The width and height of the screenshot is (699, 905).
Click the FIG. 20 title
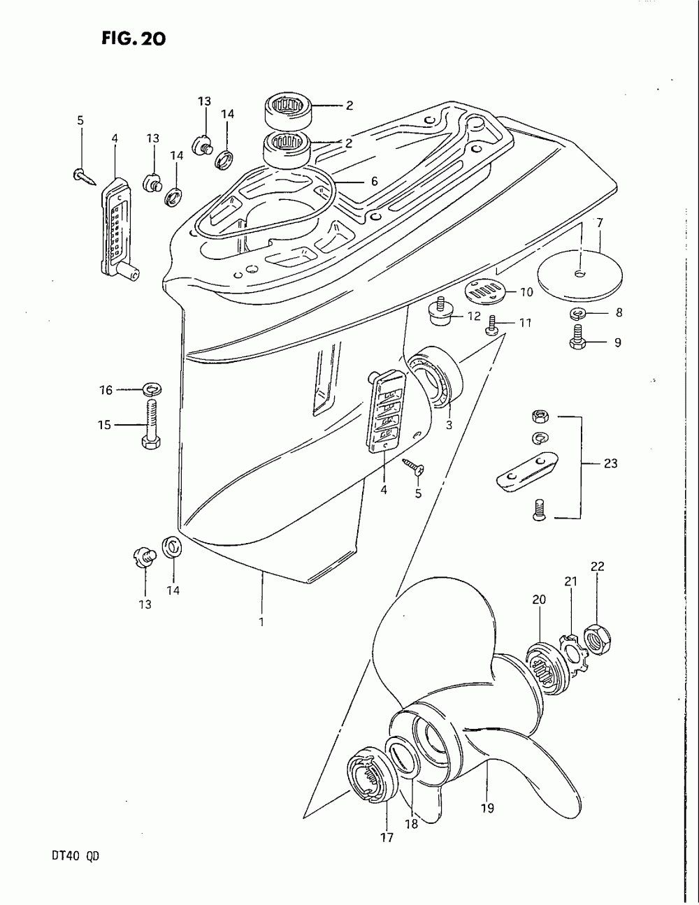coord(132,38)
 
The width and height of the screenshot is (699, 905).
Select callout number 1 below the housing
coord(261,621)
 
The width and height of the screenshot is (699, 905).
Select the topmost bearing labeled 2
coord(288,107)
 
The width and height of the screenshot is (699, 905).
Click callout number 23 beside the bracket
coord(610,463)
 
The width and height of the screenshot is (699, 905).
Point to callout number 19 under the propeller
coord(487,808)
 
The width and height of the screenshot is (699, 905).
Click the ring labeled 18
coord(403,758)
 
